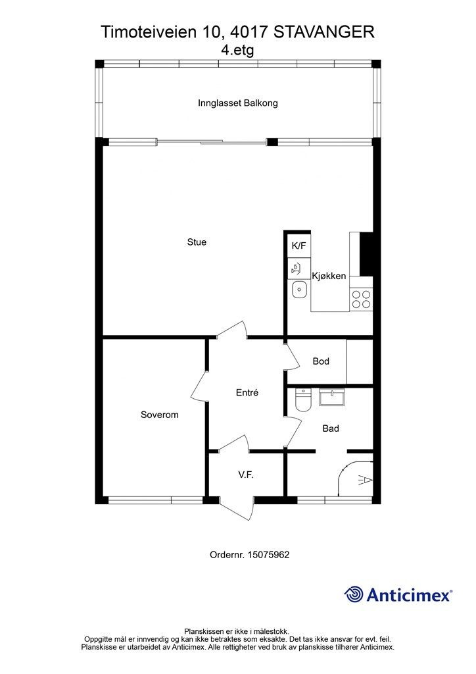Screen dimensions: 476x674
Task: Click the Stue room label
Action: point(197,242)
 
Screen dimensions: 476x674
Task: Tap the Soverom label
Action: point(159,415)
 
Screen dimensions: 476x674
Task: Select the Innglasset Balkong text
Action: point(238,103)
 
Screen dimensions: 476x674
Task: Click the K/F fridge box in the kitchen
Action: point(299,246)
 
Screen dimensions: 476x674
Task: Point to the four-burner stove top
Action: point(361,299)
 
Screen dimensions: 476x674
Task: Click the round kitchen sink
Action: point(299,290)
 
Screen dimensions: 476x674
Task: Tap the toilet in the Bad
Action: point(303,400)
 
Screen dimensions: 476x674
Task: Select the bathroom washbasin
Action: point(332,398)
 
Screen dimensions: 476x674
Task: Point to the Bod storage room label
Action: point(321,361)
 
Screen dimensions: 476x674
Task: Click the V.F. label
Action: point(246,475)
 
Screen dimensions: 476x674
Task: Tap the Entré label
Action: point(247,392)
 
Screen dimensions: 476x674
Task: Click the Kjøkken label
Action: point(329,276)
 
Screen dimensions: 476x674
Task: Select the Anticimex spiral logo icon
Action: point(354,594)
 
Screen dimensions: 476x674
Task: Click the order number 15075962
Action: point(268,555)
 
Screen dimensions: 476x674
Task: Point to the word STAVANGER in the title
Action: point(324,32)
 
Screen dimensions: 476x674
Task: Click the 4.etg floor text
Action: point(237,50)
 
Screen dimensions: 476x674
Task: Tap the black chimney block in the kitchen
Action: point(366,254)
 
